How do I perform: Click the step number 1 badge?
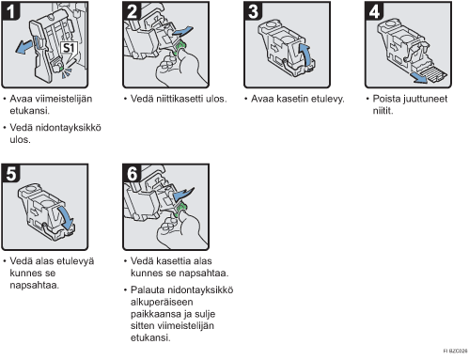(10, 11)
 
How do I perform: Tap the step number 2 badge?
(132, 11)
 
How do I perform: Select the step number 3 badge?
(253, 11)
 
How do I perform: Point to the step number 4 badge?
(374, 11)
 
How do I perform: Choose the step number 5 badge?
(10, 173)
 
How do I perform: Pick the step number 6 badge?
(132, 173)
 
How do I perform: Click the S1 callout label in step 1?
(69, 48)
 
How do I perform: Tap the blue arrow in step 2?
(182, 31)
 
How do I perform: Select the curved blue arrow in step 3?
(306, 54)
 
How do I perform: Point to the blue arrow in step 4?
(419, 78)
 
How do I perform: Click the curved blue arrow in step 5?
(68, 217)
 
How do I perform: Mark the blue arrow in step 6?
(183, 195)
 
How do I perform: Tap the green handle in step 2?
(180, 48)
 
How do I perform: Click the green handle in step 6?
(180, 210)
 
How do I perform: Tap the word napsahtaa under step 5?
(34, 286)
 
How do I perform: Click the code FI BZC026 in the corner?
(455, 351)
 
